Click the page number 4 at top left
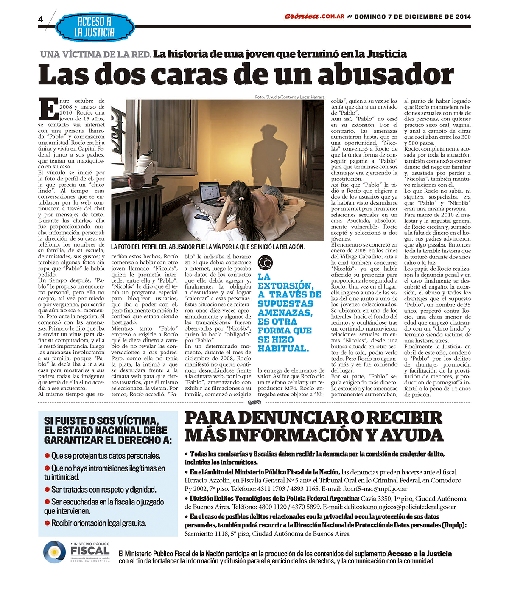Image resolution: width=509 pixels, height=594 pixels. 41,20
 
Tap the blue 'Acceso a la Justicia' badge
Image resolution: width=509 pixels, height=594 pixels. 94,27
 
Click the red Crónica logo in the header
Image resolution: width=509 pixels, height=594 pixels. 302,17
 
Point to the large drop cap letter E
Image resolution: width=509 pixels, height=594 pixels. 48,109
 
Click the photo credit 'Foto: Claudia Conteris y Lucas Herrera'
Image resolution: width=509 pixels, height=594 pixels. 289,97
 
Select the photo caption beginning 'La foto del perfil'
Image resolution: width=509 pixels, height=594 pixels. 208,247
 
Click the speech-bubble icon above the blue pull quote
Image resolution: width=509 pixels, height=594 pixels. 265,263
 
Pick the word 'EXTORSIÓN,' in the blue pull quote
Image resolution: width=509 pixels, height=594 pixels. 285,286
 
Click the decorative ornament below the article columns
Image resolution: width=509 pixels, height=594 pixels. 255,402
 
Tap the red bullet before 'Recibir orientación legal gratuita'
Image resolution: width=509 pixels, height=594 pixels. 47,523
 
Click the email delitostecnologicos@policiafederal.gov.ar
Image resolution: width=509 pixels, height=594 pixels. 400,507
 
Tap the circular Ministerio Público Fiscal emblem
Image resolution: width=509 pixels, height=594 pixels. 54,552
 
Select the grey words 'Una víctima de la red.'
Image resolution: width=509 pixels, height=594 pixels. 95,54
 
